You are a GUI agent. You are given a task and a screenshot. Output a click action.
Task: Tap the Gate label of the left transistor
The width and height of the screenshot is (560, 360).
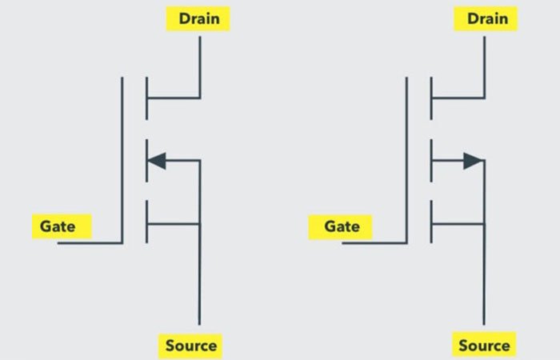pyautogui.click(x=58, y=226)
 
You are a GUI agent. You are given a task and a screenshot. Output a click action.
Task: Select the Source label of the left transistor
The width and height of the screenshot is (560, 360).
pyautogui.click(x=190, y=346)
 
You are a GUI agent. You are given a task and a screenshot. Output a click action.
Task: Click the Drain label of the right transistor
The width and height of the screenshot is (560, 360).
pyautogui.click(x=484, y=18)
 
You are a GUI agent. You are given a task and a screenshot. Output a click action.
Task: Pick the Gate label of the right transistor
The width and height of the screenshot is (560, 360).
pyautogui.click(x=342, y=226)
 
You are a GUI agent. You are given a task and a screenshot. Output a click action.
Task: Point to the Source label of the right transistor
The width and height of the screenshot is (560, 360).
pyautogui.click(x=483, y=346)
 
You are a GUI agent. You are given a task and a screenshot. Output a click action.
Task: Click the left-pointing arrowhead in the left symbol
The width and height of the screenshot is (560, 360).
pyautogui.click(x=157, y=161)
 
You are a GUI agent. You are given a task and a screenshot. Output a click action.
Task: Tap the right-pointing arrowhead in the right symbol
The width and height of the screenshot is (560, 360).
pyautogui.click(x=473, y=161)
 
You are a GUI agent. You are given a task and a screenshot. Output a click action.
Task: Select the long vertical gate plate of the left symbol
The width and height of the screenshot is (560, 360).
pyautogui.click(x=122, y=160)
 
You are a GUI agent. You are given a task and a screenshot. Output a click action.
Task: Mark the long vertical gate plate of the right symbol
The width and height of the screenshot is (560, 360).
pyautogui.click(x=406, y=160)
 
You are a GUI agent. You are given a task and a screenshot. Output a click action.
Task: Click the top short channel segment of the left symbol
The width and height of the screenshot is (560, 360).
pyautogui.click(x=146, y=98)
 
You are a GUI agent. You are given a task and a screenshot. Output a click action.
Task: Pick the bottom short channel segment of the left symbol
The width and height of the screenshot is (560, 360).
pyautogui.click(x=146, y=222)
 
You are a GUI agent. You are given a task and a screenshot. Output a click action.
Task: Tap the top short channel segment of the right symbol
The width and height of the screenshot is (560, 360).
pyautogui.click(x=431, y=98)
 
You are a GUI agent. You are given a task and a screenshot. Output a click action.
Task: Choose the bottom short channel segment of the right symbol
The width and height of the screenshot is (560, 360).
pyautogui.click(x=431, y=222)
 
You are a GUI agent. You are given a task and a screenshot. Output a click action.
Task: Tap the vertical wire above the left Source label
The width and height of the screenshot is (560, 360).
pyautogui.click(x=199, y=280)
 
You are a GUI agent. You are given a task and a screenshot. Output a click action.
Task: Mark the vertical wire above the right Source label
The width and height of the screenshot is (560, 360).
pyautogui.click(x=484, y=280)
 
